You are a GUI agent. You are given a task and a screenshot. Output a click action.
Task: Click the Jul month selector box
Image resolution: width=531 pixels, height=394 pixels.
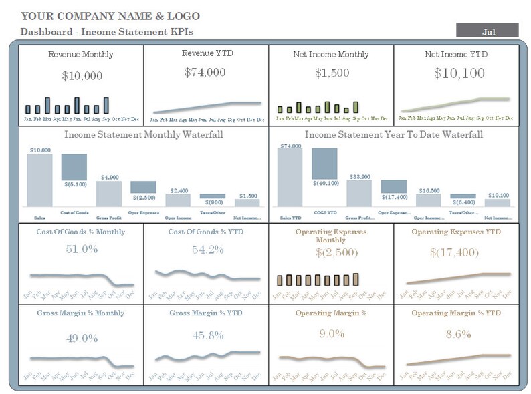pyautogui.click(x=487, y=31)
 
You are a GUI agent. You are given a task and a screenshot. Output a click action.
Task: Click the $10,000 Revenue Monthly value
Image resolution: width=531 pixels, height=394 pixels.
pyautogui.click(x=82, y=76)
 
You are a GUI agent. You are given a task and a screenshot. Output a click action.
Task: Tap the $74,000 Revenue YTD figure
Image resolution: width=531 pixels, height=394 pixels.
pyautogui.click(x=205, y=73)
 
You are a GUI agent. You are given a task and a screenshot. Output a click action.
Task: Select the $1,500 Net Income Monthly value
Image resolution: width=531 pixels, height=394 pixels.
pyautogui.click(x=330, y=73)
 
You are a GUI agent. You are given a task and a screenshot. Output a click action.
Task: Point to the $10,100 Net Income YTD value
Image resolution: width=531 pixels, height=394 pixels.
pyautogui.click(x=459, y=73)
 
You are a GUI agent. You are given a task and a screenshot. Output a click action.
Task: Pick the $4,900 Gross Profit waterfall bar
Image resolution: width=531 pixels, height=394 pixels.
pyautogui.click(x=109, y=194)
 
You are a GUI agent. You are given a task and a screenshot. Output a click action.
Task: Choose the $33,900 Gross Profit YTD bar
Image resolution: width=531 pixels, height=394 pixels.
pyautogui.click(x=359, y=193)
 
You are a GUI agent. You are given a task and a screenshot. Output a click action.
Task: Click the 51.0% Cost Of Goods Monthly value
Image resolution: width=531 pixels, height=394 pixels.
pyautogui.click(x=82, y=250)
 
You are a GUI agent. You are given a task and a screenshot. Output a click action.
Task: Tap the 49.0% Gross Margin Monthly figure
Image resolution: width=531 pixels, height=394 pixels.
pyautogui.click(x=82, y=338)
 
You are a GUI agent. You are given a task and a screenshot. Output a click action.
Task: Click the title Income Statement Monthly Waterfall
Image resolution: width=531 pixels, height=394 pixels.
pyautogui.click(x=144, y=134)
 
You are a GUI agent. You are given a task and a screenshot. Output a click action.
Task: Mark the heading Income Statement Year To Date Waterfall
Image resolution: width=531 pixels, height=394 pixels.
pyautogui.click(x=395, y=134)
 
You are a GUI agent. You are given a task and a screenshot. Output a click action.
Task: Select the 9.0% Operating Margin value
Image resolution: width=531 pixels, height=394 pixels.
pyautogui.click(x=331, y=334)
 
